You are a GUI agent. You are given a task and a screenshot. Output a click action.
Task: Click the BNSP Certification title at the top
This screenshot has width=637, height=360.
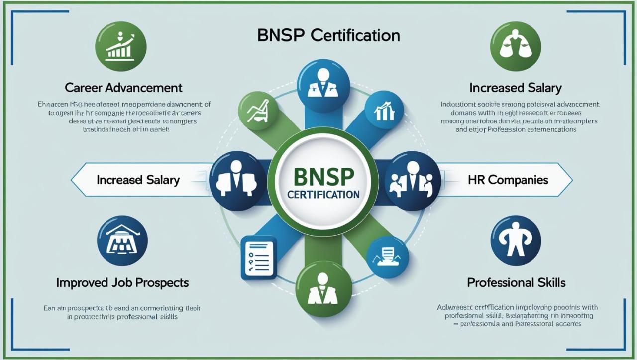(x=328, y=36)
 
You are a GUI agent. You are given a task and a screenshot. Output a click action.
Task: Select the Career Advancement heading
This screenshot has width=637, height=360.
(x=123, y=88)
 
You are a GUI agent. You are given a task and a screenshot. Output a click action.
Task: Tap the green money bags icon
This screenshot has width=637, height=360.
(x=515, y=46)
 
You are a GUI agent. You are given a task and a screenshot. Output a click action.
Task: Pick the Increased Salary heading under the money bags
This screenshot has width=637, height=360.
(x=515, y=88)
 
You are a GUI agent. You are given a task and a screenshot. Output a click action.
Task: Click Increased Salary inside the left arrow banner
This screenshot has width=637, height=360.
(x=138, y=180)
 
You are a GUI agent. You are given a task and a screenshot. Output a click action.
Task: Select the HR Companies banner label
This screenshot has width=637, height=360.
(x=508, y=180)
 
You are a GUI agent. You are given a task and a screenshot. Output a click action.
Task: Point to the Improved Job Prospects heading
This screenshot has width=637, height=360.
(x=122, y=283)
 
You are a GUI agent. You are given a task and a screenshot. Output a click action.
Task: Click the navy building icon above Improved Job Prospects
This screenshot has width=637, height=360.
(x=122, y=240)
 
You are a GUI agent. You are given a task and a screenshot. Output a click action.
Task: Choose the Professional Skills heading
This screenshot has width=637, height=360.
(x=516, y=283)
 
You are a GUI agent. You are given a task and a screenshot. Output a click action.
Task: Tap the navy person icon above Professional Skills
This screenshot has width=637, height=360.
(x=516, y=240)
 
